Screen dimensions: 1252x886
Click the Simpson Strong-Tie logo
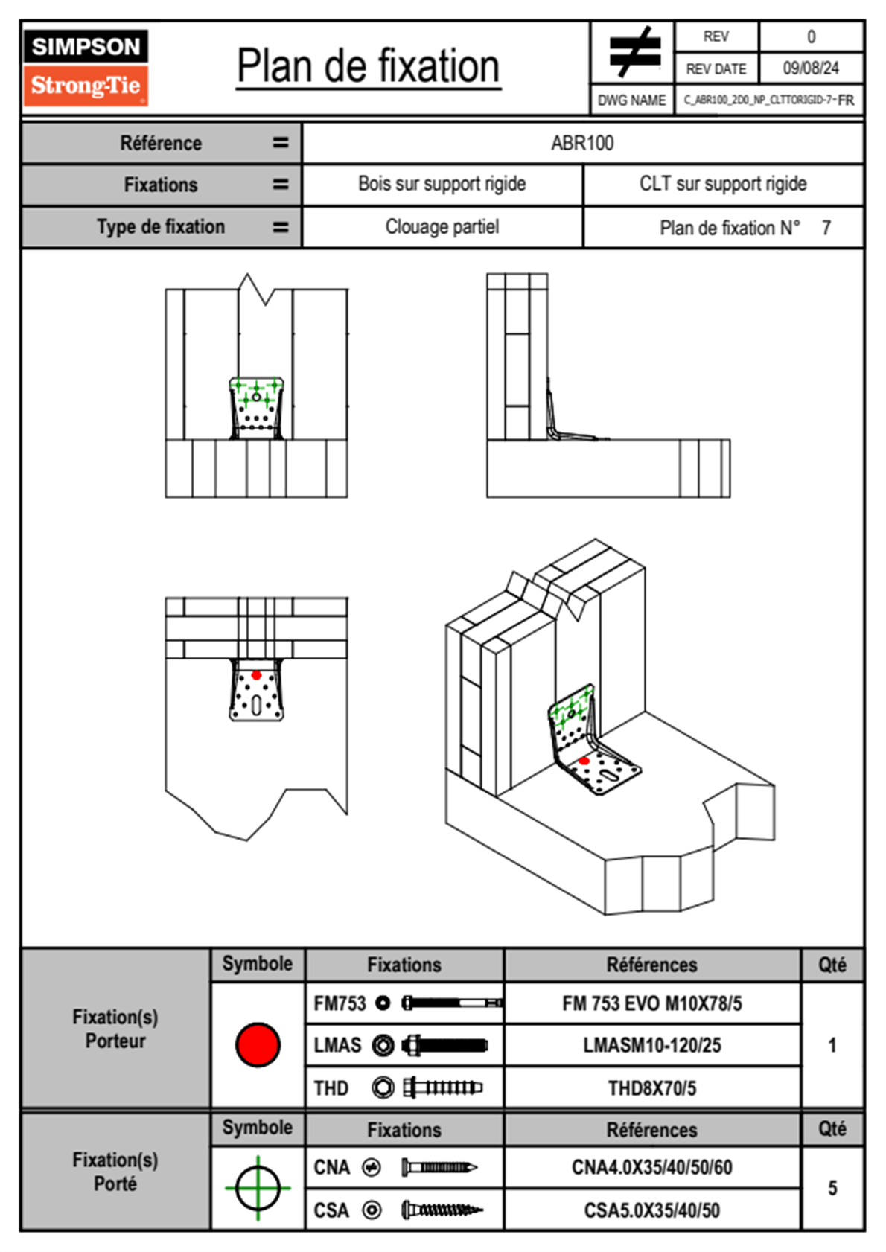tap(86, 68)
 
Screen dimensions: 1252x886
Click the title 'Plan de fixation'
tap(368, 67)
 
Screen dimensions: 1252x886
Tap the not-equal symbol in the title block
tap(634, 52)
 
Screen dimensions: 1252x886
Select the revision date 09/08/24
tap(810, 68)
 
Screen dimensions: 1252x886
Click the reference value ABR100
tap(582, 143)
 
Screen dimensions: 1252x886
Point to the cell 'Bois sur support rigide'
tap(442, 184)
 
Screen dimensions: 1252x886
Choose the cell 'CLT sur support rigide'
tap(722, 184)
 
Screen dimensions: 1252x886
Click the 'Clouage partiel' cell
tap(442, 227)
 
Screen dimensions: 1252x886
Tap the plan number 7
tap(826, 228)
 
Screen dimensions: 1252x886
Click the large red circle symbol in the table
tap(258, 1044)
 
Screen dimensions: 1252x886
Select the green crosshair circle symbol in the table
tap(258, 1188)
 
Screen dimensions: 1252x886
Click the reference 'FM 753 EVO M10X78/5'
tap(651, 1003)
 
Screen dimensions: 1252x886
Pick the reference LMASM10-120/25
tap(651, 1045)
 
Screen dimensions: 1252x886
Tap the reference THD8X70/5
tap(651, 1088)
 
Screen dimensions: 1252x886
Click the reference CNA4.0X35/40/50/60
tap(651, 1167)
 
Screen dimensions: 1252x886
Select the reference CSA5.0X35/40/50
tap(651, 1210)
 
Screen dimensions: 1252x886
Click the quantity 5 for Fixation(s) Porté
tap(832, 1188)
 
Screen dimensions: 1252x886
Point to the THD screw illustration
tap(442, 1087)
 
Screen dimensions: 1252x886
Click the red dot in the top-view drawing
tap(256, 675)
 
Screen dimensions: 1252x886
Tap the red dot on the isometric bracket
tap(584, 761)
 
